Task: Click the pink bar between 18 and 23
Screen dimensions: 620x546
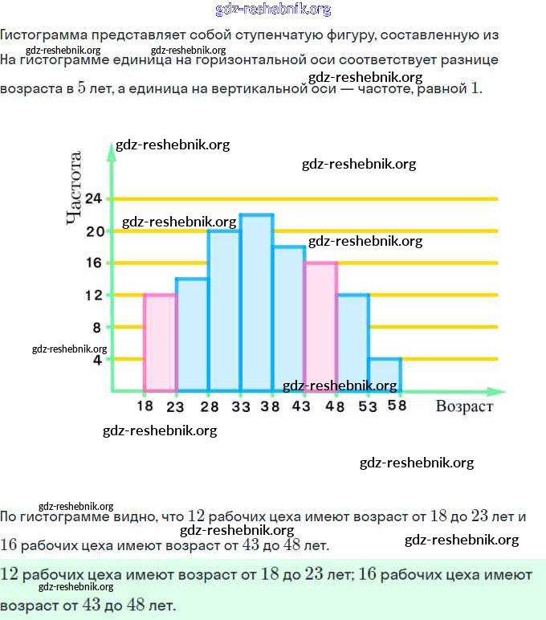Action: tap(160, 343)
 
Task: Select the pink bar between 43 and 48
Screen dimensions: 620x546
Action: tap(321, 321)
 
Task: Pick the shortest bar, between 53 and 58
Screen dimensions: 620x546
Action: tap(385, 375)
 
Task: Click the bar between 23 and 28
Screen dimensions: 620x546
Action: tap(192, 335)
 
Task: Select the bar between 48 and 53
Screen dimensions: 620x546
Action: tap(353, 343)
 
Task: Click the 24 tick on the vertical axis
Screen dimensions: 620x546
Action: tap(94, 198)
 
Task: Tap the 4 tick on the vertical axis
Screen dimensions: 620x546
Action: tap(98, 360)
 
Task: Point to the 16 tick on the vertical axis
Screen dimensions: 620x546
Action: tap(94, 263)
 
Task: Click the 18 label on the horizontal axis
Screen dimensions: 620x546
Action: tap(145, 406)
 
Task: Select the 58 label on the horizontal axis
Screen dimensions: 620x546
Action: tap(397, 406)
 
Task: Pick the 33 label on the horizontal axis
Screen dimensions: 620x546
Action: tap(241, 406)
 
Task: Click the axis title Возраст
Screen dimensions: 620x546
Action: tap(464, 406)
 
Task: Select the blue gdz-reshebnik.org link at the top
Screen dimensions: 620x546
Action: tap(273, 10)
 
